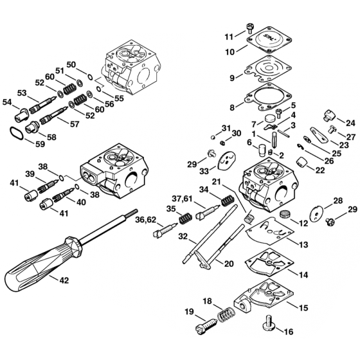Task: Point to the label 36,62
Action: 145,221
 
